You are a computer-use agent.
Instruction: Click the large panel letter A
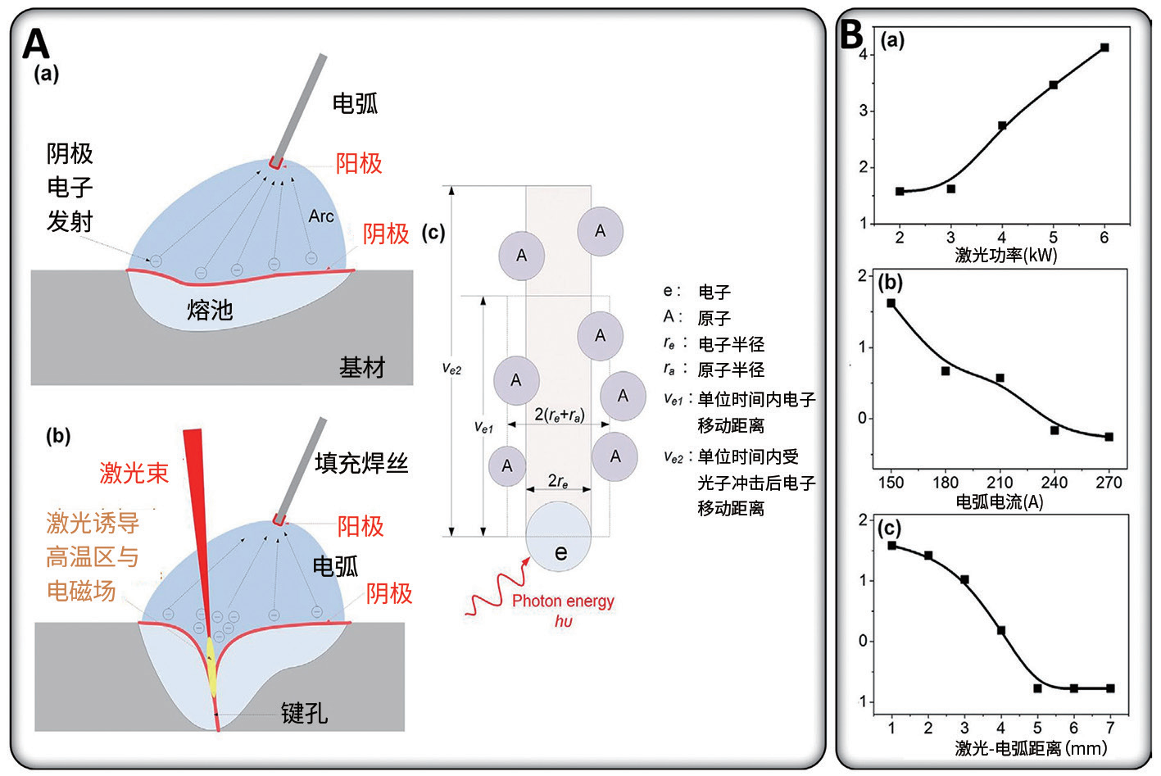(x=36, y=43)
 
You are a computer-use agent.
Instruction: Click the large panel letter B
(x=852, y=34)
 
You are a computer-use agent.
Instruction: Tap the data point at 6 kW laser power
(x=1104, y=48)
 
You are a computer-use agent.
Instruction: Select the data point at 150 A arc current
(x=891, y=303)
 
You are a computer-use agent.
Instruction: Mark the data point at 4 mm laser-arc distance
(x=1001, y=631)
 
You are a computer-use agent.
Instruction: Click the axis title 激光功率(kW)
(x=1005, y=255)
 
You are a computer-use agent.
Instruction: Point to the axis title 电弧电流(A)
(x=1000, y=501)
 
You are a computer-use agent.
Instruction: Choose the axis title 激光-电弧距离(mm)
(x=1030, y=748)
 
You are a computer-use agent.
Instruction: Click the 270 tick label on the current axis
(x=1109, y=483)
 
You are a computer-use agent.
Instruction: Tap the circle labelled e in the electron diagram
(x=559, y=538)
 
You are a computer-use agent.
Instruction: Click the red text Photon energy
(x=563, y=601)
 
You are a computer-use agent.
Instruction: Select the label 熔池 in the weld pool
(x=210, y=310)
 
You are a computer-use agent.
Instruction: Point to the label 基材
(x=361, y=367)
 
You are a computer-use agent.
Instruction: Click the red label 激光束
(x=134, y=473)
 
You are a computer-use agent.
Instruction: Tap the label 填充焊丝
(x=361, y=463)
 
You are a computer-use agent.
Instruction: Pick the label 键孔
(x=304, y=713)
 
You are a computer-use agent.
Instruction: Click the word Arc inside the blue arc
(x=321, y=216)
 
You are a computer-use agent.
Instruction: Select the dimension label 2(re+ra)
(x=559, y=415)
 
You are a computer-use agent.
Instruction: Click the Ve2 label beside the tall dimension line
(x=451, y=369)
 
